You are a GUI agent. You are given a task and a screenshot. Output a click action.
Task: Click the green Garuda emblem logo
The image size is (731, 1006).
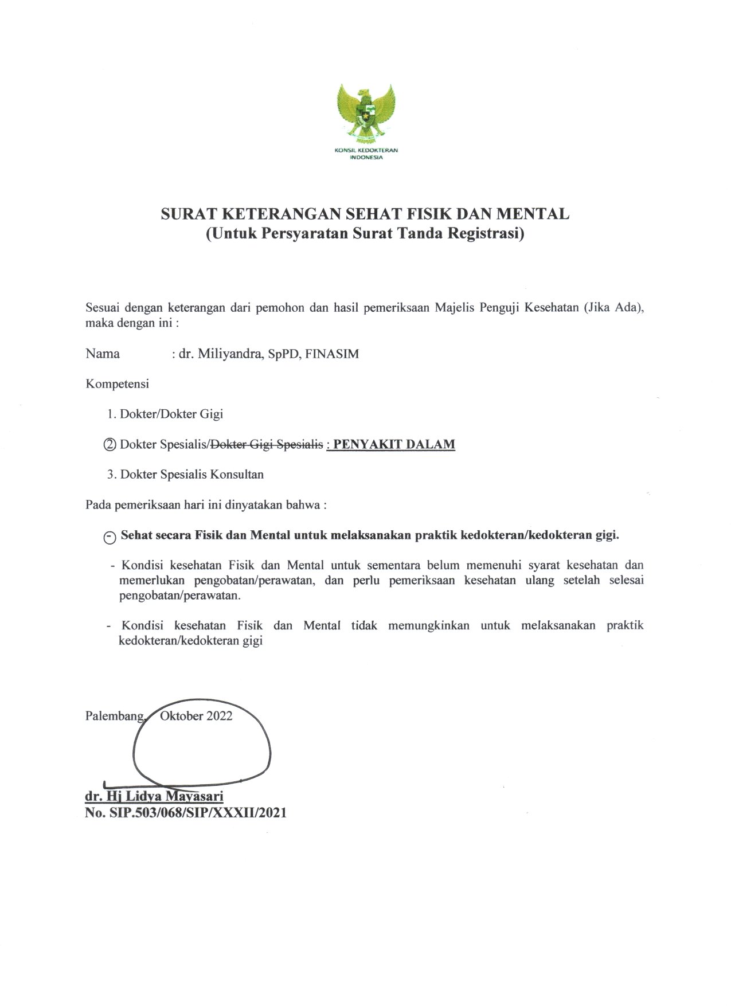tap(366, 113)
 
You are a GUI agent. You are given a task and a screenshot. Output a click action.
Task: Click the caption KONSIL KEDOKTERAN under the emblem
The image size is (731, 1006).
tap(366, 151)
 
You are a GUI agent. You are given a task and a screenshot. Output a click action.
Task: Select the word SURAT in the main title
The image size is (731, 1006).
tap(188, 214)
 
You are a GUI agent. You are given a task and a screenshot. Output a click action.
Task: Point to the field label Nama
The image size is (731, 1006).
tap(103, 354)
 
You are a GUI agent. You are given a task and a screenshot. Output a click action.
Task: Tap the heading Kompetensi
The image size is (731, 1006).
tap(117, 384)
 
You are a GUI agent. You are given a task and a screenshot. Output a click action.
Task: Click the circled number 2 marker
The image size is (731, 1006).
tap(110, 445)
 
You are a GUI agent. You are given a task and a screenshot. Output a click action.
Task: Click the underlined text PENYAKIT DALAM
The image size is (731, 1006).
tap(394, 444)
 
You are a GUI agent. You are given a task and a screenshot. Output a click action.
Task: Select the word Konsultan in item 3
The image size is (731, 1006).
tap(237, 475)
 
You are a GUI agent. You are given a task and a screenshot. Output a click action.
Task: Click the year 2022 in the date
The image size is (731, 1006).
tap(220, 716)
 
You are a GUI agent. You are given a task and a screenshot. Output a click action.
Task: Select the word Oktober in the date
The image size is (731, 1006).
tap(182, 716)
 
